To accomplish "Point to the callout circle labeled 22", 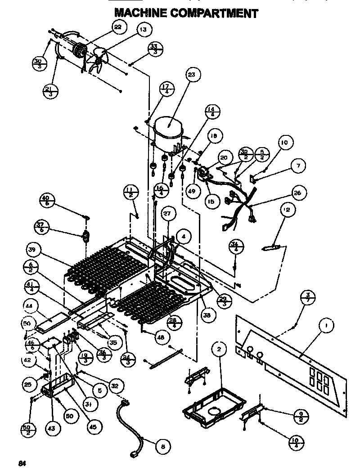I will point(117,27).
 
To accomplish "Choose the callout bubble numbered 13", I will point(143,31).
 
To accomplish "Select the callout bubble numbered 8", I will point(163,446).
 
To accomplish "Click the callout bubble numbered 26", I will point(297,193).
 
